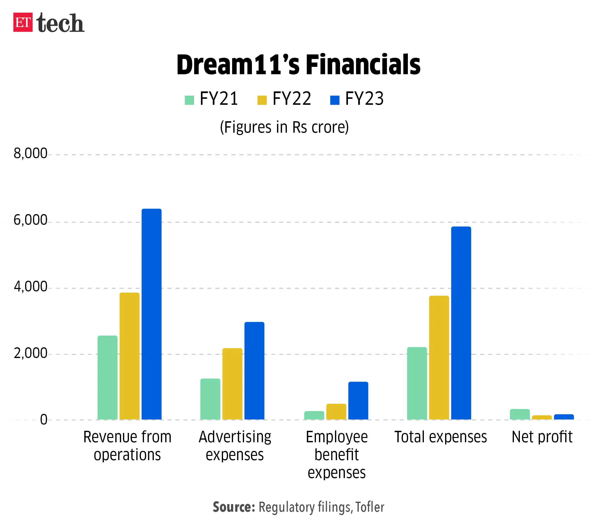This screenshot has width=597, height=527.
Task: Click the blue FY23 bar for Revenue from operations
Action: pyautogui.click(x=151, y=314)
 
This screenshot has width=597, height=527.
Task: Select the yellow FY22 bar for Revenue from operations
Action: pyautogui.click(x=129, y=356)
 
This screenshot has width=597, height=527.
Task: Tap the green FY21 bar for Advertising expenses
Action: pyautogui.click(x=210, y=399)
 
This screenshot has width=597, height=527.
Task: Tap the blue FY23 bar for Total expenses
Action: pyautogui.click(x=461, y=323)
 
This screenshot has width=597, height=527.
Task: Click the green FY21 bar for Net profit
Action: pyautogui.click(x=520, y=414)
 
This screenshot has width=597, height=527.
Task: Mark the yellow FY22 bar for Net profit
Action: pyautogui.click(x=542, y=417)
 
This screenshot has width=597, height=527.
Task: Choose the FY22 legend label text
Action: pyautogui.click(x=292, y=99)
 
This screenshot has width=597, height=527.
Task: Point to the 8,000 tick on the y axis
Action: pyautogui.click(x=30, y=153)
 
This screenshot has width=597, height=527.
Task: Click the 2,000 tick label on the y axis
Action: pyautogui.click(x=30, y=353)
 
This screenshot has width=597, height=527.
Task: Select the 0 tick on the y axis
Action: pyautogui.click(x=43, y=420)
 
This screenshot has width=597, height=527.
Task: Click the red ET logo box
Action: pyautogui.click(x=23, y=22)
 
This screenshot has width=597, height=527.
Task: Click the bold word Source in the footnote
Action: pyautogui.click(x=234, y=507)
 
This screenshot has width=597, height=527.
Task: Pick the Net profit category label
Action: pyautogui.click(x=542, y=437)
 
